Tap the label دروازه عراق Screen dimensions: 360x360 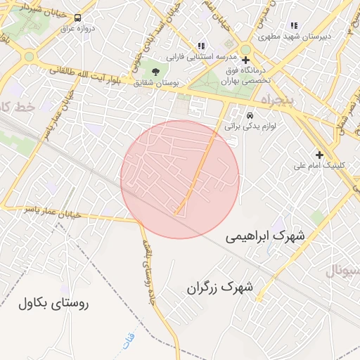tap(77, 29)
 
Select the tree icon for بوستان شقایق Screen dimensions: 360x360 tap(155, 72)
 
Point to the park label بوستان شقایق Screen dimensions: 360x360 tap(155, 82)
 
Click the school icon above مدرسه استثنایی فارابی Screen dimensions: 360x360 tap(201, 46)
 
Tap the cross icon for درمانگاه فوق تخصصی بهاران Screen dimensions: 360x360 tap(245, 60)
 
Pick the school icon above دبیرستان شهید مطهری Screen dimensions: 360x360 tap(294, 26)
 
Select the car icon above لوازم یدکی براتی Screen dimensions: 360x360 tap(250, 115)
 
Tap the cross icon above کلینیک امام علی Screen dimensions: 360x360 tap(319, 155)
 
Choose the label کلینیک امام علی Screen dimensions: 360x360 tap(319, 166)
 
